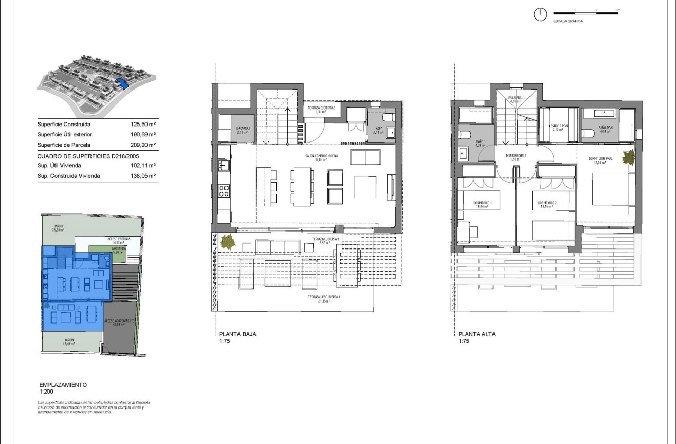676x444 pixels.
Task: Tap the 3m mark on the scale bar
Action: (x=618, y=10)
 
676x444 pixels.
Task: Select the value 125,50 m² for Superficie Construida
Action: (x=143, y=125)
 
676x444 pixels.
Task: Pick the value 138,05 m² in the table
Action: (x=143, y=176)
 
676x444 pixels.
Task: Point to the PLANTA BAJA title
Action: (x=237, y=334)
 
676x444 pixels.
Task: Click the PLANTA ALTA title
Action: (x=477, y=334)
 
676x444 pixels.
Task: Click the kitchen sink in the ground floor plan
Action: (x=224, y=165)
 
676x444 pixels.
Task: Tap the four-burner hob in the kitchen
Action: (x=224, y=191)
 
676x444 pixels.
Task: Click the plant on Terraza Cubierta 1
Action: (x=225, y=241)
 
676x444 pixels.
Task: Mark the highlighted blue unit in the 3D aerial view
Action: (x=122, y=83)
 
